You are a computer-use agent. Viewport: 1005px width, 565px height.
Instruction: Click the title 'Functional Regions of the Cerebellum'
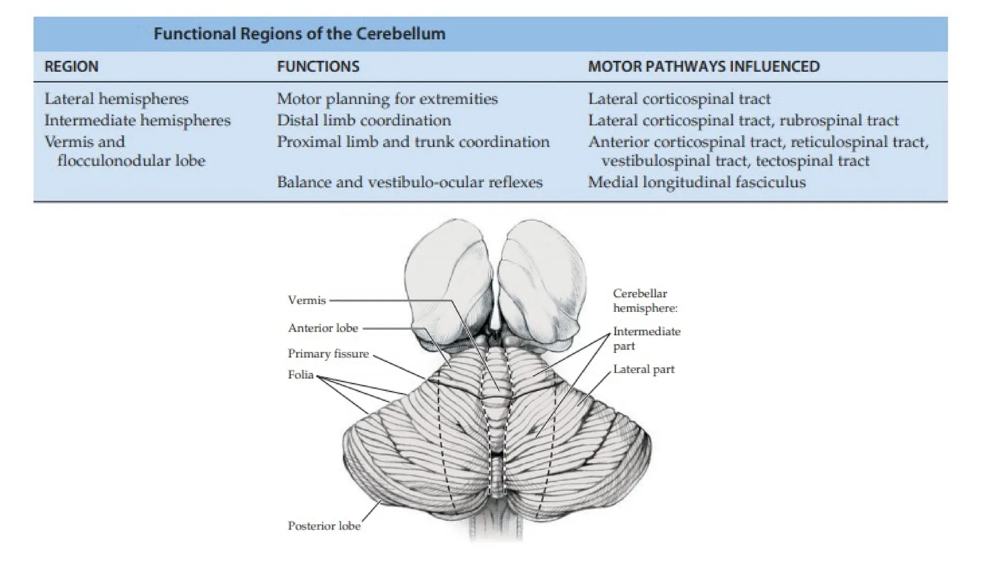299,34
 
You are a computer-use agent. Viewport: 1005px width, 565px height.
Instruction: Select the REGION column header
71,67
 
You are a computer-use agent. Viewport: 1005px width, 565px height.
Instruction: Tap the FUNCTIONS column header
318,67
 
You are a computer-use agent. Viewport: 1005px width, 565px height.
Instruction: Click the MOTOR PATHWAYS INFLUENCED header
704,67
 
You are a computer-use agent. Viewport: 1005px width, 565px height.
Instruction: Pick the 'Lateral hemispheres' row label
116,99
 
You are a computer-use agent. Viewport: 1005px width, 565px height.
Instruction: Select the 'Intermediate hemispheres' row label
137,121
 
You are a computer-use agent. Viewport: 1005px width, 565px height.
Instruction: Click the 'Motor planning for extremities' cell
387,99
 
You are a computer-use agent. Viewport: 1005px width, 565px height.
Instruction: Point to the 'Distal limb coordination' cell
364,121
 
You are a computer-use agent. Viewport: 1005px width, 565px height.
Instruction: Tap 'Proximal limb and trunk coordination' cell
413,142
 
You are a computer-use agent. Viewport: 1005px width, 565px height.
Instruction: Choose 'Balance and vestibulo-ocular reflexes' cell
410,182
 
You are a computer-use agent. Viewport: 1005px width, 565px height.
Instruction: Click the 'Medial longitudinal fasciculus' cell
697,182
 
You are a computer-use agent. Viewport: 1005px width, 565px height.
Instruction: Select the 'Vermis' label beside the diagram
307,300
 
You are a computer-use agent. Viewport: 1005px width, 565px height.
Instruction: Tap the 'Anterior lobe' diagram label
323,328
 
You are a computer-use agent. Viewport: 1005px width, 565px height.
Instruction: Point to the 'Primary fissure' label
328,354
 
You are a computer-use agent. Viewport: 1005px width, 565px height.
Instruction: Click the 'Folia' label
300,375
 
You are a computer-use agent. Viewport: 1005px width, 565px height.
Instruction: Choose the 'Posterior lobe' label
324,526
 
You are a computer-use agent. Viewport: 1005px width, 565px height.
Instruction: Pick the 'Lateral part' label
644,369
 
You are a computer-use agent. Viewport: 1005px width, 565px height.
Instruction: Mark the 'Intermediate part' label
646,338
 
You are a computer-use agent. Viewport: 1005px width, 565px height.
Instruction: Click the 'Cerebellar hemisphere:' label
645,301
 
